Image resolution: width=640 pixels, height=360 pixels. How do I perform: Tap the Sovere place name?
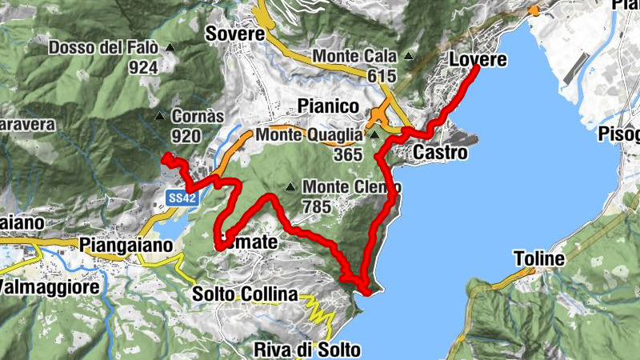tap(234, 34)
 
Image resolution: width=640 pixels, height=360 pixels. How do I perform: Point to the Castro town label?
tap(440, 151)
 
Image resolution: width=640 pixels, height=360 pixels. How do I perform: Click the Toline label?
tap(539, 258)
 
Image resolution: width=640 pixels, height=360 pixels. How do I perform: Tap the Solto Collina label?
tap(245, 294)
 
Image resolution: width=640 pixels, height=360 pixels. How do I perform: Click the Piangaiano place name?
tap(127, 244)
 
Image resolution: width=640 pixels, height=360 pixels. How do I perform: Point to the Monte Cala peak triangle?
tap(409, 57)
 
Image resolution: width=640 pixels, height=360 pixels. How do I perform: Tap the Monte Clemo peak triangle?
tap(290, 188)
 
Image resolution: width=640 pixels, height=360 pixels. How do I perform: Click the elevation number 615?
tap(384, 75)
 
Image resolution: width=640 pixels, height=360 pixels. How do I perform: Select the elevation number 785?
tap(317, 206)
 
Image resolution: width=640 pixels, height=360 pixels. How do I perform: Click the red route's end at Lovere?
tap(477, 68)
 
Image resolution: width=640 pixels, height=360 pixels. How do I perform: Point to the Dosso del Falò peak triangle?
tap(170, 48)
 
